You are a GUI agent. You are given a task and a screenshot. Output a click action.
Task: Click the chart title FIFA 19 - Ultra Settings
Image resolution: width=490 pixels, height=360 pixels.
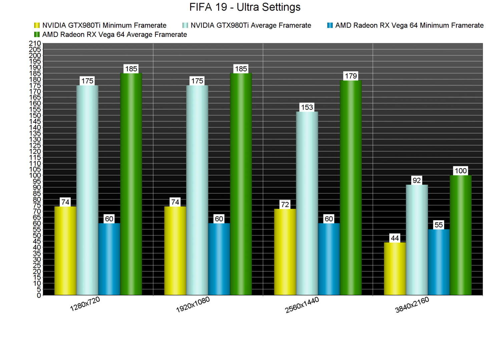click(x=245, y=7)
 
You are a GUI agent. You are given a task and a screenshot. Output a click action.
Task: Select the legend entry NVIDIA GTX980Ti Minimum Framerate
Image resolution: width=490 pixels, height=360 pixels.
click(x=104, y=25)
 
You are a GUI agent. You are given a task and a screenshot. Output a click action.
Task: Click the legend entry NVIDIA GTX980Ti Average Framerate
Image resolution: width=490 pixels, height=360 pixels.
click(x=251, y=25)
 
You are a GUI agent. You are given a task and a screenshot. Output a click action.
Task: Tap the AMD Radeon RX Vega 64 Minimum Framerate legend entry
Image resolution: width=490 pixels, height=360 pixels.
click(x=409, y=25)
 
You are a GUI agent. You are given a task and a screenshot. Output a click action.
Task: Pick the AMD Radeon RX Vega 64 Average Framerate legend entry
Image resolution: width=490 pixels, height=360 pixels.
click(x=114, y=35)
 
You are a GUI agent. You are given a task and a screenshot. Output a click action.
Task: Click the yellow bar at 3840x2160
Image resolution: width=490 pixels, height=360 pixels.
click(x=395, y=268)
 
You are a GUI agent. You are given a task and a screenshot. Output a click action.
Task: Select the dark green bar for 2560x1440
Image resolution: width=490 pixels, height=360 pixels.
click(x=351, y=187)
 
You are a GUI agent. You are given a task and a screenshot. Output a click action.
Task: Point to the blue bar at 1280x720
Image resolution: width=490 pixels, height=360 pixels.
click(x=109, y=259)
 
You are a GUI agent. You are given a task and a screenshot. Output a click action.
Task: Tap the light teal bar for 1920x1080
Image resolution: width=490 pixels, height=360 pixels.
click(x=197, y=190)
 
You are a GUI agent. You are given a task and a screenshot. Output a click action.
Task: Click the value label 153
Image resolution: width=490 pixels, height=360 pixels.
click(x=307, y=107)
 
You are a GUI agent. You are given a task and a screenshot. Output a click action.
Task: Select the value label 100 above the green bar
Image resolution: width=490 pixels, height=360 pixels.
click(x=461, y=171)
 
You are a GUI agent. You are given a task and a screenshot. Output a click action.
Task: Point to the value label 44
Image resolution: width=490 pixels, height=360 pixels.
click(x=395, y=238)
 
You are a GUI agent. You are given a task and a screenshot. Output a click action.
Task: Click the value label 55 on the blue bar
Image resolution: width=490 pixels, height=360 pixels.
click(x=439, y=225)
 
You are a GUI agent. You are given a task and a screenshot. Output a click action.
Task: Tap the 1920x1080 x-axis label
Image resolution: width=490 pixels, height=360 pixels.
click(x=193, y=305)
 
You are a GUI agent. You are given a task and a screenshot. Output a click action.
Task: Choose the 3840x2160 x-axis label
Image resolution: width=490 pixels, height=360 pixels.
click(x=412, y=305)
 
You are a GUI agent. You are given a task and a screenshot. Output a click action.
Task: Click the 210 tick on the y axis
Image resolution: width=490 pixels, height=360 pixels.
click(x=35, y=43)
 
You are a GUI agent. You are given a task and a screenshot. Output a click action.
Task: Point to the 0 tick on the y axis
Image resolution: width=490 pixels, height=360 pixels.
click(x=39, y=295)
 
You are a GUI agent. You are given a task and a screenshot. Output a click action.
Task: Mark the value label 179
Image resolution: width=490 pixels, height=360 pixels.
click(x=351, y=76)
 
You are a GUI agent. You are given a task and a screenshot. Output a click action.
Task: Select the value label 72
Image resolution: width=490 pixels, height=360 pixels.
click(x=285, y=205)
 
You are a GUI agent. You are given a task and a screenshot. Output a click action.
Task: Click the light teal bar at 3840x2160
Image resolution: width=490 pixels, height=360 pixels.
click(x=417, y=240)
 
